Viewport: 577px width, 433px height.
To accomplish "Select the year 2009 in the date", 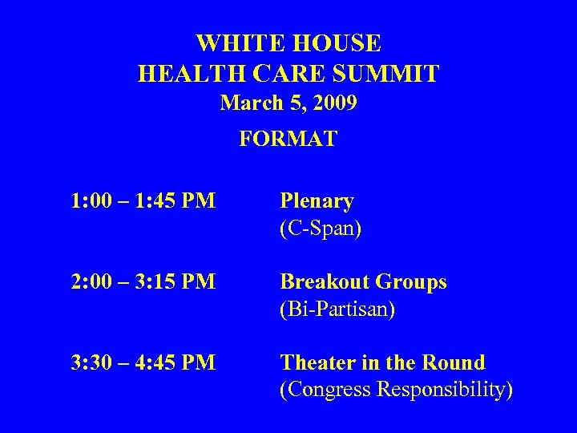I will [336, 103].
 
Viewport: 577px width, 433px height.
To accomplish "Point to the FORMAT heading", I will [288, 139].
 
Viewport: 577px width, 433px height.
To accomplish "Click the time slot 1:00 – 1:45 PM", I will [143, 200].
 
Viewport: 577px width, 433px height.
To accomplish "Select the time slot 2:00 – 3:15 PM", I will [143, 282].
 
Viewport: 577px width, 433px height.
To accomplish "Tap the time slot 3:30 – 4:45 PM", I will [143, 363].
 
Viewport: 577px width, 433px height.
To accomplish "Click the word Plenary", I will [317, 201].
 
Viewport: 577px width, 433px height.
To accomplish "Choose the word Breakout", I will [324, 282].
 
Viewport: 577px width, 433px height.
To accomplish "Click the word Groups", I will [410, 283].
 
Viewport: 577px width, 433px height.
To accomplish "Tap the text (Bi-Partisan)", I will [337, 310].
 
